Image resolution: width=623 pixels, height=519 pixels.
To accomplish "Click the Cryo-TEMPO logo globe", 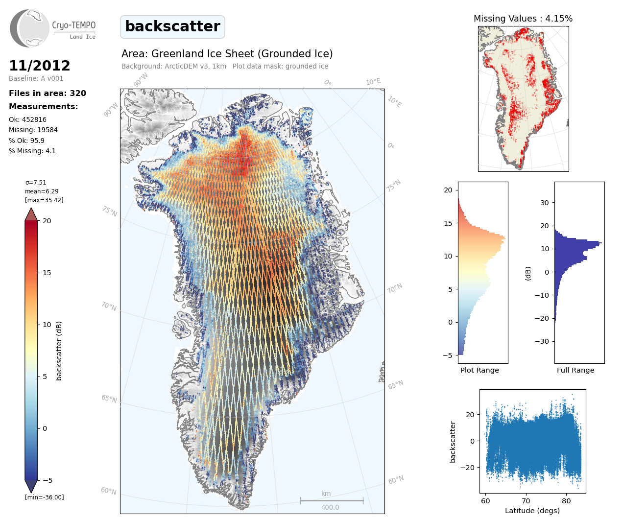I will (30, 28).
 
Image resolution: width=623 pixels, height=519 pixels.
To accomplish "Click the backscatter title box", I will (172, 26).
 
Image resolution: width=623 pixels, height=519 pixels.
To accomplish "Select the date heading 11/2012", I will (40, 66).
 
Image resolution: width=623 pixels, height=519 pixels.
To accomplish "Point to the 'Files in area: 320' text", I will (48, 94).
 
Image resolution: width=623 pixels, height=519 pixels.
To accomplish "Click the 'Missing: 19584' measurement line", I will (33, 130).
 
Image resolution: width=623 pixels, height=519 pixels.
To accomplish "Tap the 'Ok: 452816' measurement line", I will (28, 119).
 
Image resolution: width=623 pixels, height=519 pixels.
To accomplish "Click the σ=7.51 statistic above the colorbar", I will (36, 183).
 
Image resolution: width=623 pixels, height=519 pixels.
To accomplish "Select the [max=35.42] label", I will (44, 200).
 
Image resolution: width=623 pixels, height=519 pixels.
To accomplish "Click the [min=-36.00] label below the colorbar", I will (45, 497).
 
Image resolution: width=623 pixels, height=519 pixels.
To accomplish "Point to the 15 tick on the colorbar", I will (47, 273).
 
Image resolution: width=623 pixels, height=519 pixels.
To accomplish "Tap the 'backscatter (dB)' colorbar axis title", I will (59, 351).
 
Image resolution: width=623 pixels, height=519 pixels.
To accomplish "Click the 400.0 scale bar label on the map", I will (330, 507).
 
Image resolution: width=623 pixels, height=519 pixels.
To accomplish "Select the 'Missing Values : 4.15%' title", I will (523, 19).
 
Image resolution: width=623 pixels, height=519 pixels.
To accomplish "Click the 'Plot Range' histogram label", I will (479, 370).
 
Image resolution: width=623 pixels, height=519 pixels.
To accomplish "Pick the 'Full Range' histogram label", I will (575, 370).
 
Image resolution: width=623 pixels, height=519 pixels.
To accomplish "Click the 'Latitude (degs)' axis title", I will (532, 511).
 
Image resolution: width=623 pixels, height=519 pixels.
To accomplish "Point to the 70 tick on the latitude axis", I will (526, 501).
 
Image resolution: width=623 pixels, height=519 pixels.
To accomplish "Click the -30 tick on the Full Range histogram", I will (545, 341).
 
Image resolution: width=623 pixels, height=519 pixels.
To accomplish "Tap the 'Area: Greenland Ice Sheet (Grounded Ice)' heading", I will (227, 54).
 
